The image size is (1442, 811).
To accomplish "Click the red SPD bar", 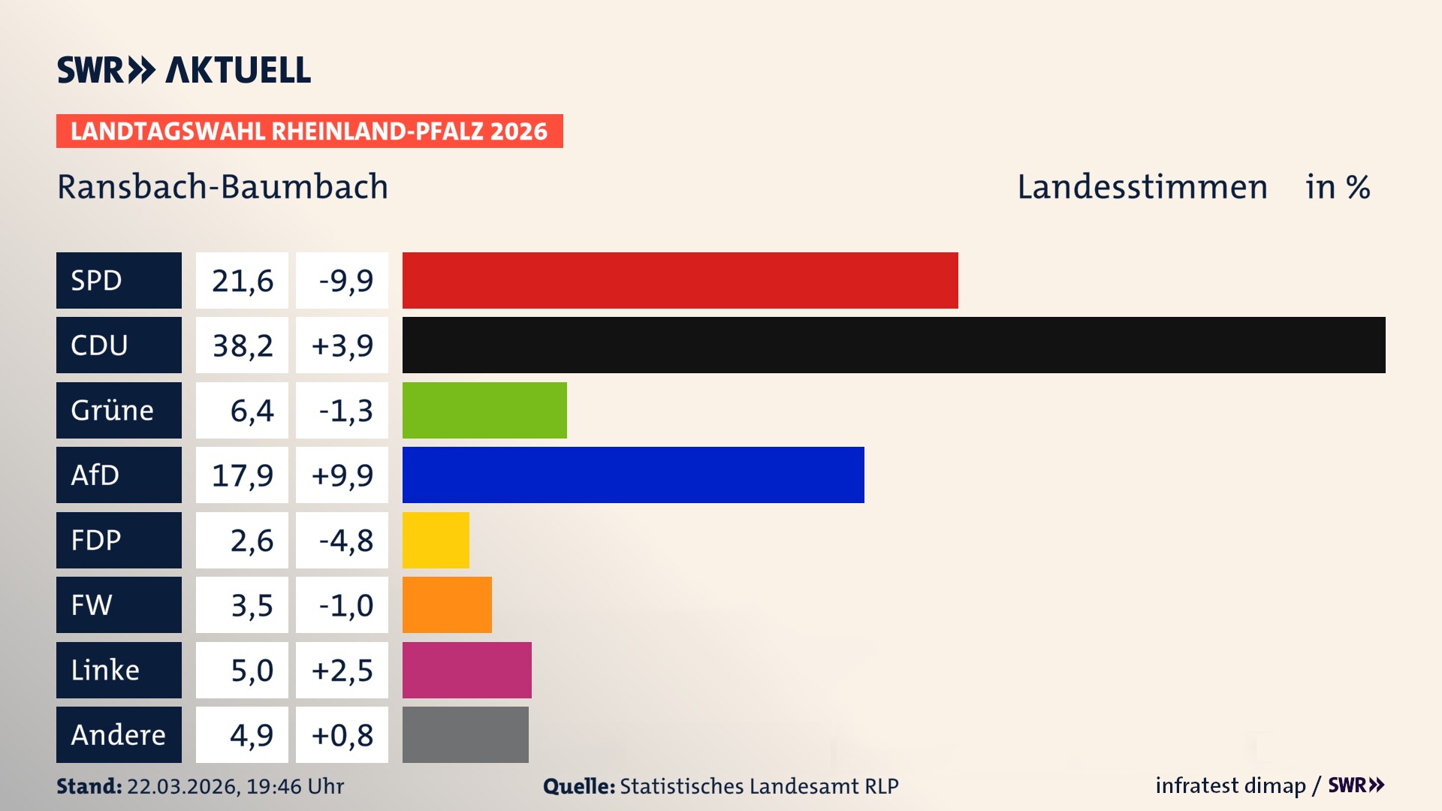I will point(680,280).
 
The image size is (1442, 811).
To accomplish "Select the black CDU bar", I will point(894,345).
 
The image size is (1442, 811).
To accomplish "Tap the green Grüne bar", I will point(484,410).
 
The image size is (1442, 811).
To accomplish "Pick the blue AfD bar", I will point(633,475).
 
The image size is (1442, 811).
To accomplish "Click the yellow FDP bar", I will point(436,540).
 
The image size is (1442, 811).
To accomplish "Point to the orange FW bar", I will point(447,604).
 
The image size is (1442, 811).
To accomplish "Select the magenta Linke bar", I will point(466,670).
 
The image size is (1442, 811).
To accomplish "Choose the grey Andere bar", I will point(465,734).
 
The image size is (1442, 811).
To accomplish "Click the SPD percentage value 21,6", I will point(242,280).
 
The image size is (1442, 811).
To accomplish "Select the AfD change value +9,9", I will point(342,475).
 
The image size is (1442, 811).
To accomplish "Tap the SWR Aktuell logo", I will point(183,70).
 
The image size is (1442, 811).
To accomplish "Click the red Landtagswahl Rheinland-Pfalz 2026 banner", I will point(309,131).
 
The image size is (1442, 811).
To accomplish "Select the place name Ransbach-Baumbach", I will point(222,186).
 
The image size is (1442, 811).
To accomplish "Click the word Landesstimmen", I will point(1142,186).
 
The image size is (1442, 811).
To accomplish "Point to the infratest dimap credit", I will point(1230,785).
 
